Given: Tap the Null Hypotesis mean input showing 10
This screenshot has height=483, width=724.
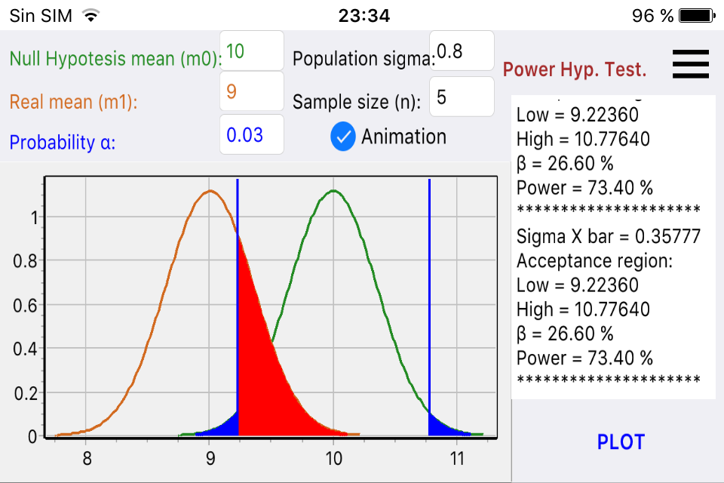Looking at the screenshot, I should [x=251, y=51].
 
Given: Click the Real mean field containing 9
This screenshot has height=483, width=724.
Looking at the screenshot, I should [x=251, y=92].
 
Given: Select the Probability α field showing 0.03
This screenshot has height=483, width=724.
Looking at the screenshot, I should [x=251, y=135].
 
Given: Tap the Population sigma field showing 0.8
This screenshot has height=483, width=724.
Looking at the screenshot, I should [x=461, y=51].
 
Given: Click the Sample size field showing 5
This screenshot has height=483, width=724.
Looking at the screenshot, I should [x=461, y=97].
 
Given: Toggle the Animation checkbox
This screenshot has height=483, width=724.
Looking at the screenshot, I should [x=343, y=137].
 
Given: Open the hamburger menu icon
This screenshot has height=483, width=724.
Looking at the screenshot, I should [x=690, y=63].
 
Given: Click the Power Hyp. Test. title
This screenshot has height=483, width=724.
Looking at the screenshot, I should [x=575, y=70].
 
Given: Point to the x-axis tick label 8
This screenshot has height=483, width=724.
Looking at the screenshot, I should [x=87, y=458].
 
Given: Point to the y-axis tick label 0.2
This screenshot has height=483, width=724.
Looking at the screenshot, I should [x=25, y=392].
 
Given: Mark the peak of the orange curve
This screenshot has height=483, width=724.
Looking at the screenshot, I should [x=210, y=191].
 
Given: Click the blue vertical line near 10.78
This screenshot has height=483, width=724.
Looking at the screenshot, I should [x=429, y=302].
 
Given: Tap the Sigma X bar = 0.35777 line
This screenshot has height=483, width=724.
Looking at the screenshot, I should [x=608, y=236].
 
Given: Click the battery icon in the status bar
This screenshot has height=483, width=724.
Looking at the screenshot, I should [x=696, y=15].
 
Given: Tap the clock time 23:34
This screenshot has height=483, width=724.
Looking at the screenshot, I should [x=364, y=15].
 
